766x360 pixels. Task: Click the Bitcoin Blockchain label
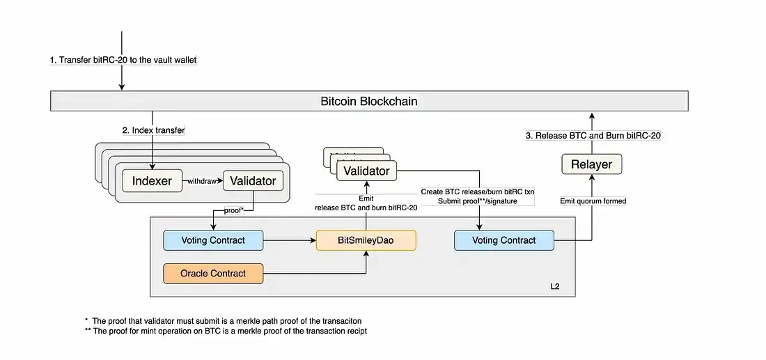tap(369, 101)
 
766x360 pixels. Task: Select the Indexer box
tap(152, 181)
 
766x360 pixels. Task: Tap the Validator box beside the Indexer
tap(253, 181)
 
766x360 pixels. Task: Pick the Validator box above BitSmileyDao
tap(366, 170)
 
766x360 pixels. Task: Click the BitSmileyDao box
tap(366, 240)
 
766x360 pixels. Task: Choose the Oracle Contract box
tap(213, 273)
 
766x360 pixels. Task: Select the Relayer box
tap(591, 164)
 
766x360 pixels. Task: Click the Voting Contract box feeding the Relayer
tap(504, 240)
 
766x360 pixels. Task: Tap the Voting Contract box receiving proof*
tap(213, 240)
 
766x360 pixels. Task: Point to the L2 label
tap(555, 286)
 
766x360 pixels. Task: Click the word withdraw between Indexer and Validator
tap(202, 181)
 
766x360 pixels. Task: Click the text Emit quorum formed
tap(593, 201)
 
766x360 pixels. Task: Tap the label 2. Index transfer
tap(154, 130)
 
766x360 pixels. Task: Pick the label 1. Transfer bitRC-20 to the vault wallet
tap(123, 60)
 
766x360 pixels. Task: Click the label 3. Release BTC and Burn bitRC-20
tap(593, 135)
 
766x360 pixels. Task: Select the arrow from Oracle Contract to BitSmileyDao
tap(313, 273)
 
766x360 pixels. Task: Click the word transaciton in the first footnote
tap(338, 320)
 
